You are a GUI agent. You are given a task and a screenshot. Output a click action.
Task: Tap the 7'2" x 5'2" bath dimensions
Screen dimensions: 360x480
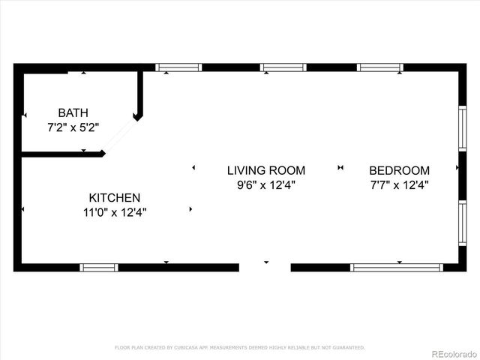(x=73, y=127)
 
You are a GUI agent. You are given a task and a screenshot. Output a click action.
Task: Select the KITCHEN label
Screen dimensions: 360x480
(x=114, y=197)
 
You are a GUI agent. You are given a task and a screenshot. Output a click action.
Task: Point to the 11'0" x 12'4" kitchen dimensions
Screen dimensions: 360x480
(x=114, y=212)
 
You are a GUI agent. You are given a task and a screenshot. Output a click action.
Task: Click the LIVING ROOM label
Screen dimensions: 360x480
(x=266, y=170)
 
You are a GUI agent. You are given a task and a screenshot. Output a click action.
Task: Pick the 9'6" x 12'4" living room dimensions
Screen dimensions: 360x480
(x=266, y=184)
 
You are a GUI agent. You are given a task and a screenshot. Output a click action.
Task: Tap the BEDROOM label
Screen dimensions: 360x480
(x=400, y=170)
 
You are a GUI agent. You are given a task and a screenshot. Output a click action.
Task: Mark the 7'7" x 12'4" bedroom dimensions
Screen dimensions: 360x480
(x=400, y=184)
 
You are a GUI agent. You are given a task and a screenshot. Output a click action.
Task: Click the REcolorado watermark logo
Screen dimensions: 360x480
(x=452, y=351)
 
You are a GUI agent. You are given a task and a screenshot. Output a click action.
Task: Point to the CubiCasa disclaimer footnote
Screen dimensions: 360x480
(x=240, y=347)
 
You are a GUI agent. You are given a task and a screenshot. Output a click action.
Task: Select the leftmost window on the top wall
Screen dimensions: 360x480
(x=178, y=67)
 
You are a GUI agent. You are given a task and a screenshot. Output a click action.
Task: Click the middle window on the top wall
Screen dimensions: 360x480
(x=283, y=67)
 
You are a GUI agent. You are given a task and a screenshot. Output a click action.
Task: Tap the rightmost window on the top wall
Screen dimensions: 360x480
(x=380, y=67)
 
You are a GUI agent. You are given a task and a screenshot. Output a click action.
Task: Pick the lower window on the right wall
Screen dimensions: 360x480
(x=462, y=222)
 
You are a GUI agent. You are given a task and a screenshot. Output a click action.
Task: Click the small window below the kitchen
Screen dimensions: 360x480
(x=99, y=267)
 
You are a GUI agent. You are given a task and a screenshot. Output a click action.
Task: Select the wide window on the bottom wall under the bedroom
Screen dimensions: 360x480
(x=397, y=267)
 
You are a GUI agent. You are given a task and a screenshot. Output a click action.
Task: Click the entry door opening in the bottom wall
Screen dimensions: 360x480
(x=265, y=266)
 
